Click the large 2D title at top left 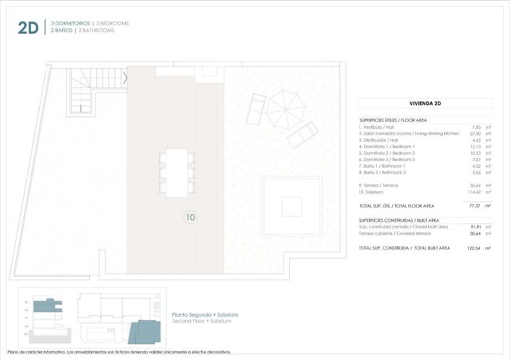(28, 27)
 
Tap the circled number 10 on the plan (190, 216)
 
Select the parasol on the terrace (286, 108)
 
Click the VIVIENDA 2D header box (425, 103)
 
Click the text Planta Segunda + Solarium (205, 314)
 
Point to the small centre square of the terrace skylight (292, 206)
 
